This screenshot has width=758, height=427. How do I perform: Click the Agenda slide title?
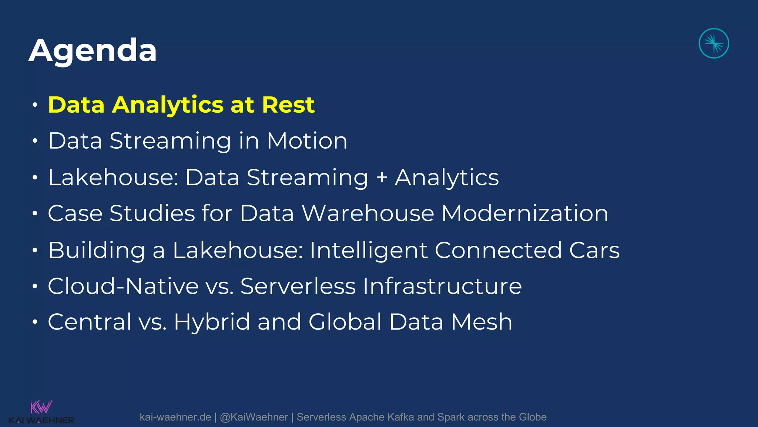click(93, 51)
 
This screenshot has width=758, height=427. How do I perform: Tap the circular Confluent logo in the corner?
click(714, 43)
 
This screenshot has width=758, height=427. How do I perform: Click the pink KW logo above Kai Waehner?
click(41, 407)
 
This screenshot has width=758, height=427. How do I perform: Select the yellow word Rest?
click(288, 105)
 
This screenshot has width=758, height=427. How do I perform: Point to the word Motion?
click(307, 141)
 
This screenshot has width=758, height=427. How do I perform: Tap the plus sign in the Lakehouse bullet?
click(382, 178)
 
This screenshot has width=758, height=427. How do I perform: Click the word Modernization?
click(524, 213)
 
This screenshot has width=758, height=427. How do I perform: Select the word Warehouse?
click(368, 213)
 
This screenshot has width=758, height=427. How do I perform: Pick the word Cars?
click(594, 250)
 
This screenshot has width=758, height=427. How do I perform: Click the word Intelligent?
click(368, 250)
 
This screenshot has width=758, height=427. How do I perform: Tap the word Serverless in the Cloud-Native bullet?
click(298, 286)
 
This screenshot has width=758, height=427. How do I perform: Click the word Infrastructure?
click(442, 286)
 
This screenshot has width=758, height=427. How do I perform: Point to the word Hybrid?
click(212, 322)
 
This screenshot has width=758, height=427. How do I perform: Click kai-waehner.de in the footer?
click(175, 417)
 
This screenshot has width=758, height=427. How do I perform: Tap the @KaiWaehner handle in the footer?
click(254, 417)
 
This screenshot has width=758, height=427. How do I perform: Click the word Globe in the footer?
click(532, 417)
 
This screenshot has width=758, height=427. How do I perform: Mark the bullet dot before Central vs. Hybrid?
click(35, 322)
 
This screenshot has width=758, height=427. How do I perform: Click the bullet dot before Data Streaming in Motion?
click(35, 141)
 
